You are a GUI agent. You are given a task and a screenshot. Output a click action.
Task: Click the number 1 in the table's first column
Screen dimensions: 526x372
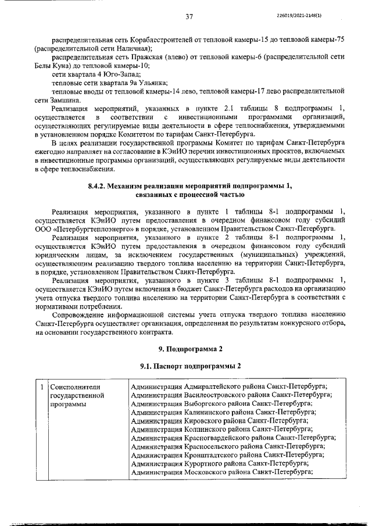(x=42, y=386)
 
